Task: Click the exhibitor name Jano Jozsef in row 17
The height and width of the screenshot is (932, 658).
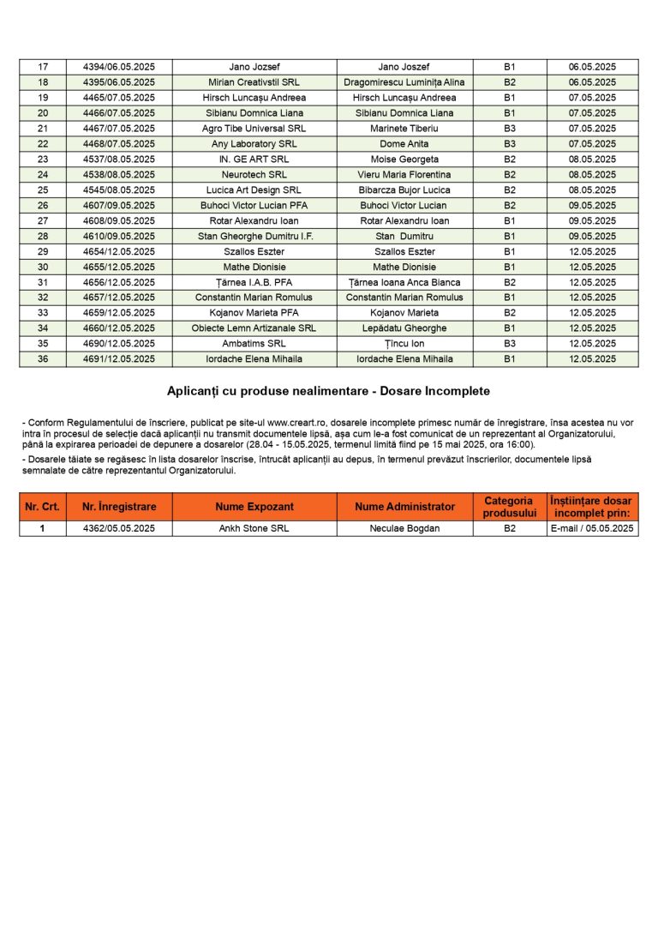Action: (x=254, y=67)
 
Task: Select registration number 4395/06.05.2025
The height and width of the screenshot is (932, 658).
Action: (x=119, y=82)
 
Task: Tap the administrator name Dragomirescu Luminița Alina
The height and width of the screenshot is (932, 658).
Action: (x=404, y=82)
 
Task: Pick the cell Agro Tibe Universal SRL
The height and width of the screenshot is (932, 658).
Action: (x=254, y=129)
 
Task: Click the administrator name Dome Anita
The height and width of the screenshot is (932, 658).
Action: (x=404, y=144)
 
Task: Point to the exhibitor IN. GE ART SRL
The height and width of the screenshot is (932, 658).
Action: (x=254, y=159)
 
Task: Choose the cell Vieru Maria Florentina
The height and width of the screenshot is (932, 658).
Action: (x=404, y=175)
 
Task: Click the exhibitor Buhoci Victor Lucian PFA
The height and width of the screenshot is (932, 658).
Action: (x=254, y=206)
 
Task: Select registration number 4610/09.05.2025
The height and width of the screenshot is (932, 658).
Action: (x=119, y=237)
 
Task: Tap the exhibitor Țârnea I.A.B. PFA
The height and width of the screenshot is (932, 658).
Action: (x=254, y=282)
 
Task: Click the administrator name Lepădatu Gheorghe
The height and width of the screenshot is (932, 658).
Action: (x=404, y=328)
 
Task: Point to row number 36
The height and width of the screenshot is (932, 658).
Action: (x=43, y=359)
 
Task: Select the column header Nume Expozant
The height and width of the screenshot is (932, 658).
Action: (x=254, y=507)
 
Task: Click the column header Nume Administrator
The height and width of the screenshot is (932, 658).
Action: (x=404, y=507)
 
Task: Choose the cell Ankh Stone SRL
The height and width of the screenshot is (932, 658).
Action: (x=254, y=529)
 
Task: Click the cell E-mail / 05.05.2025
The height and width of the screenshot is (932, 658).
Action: (x=592, y=529)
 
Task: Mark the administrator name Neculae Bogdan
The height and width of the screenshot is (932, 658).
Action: (x=404, y=529)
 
